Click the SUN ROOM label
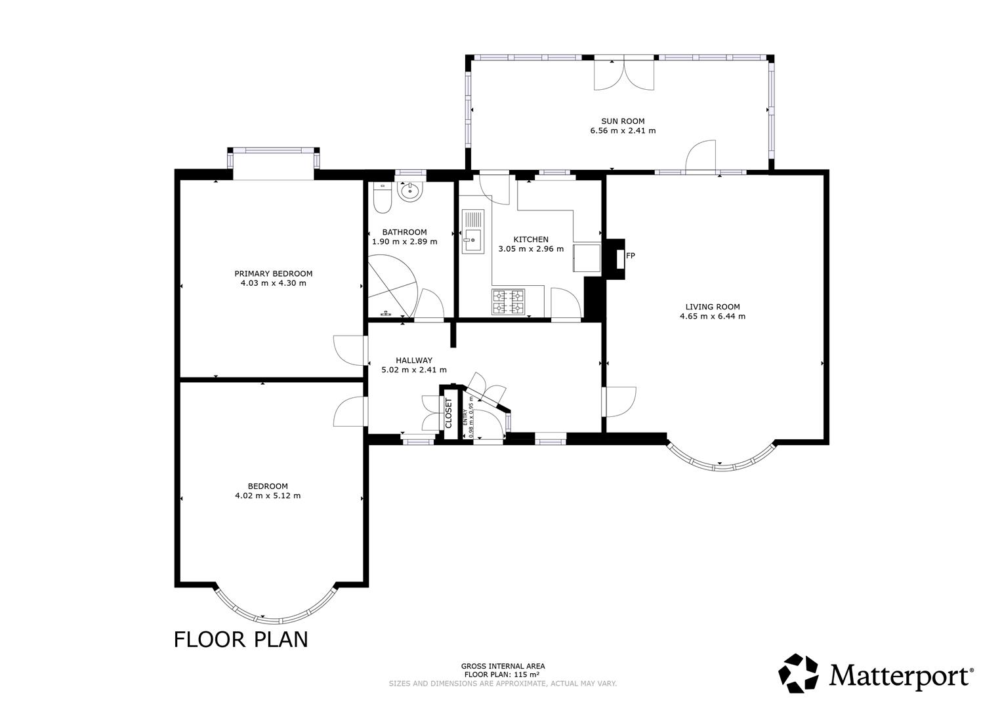point(623,121)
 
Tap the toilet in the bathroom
point(382,197)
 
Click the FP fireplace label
point(631,256)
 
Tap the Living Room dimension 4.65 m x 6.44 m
point(713,316)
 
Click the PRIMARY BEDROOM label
point(274,273)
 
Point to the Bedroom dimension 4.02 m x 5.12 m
point(268,496)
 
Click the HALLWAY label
point(414,360)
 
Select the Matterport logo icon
point(799,673)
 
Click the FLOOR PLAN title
point(241,639)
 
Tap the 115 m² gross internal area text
point(502,675)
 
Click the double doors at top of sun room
point(624,74)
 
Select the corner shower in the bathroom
point(391,289)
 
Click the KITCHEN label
point(531,239)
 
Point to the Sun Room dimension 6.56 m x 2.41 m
point(623,130)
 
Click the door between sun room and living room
point(701,157)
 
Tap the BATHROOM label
point(404,232)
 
